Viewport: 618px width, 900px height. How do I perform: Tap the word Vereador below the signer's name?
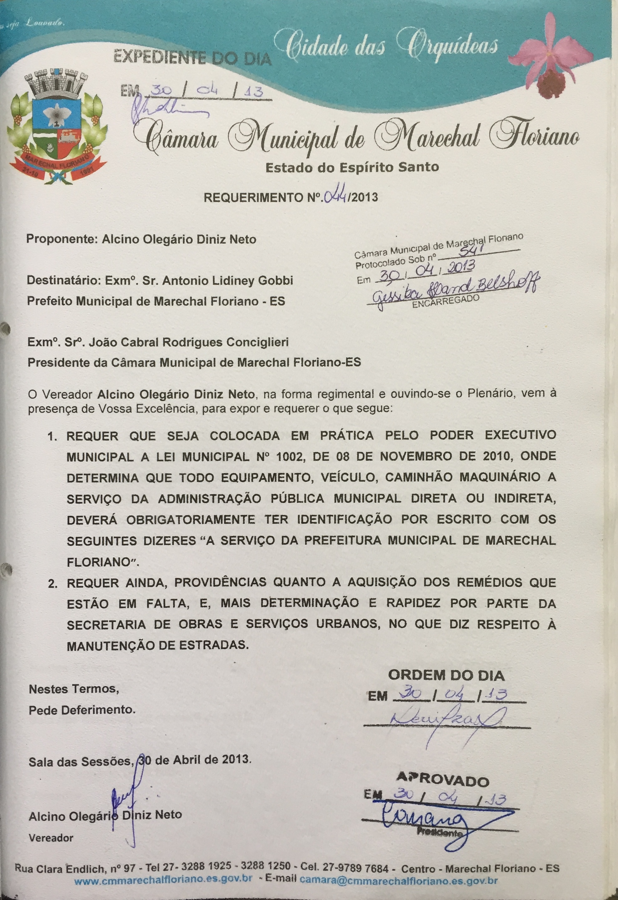pyautogui.click(x=51, y=838)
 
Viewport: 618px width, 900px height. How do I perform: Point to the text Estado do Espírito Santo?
pyautogui.click(x=352, y=167)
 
